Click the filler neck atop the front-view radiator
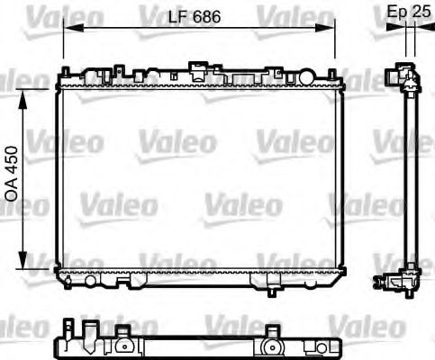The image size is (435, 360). point(195,67)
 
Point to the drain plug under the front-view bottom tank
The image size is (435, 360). point(272,290)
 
